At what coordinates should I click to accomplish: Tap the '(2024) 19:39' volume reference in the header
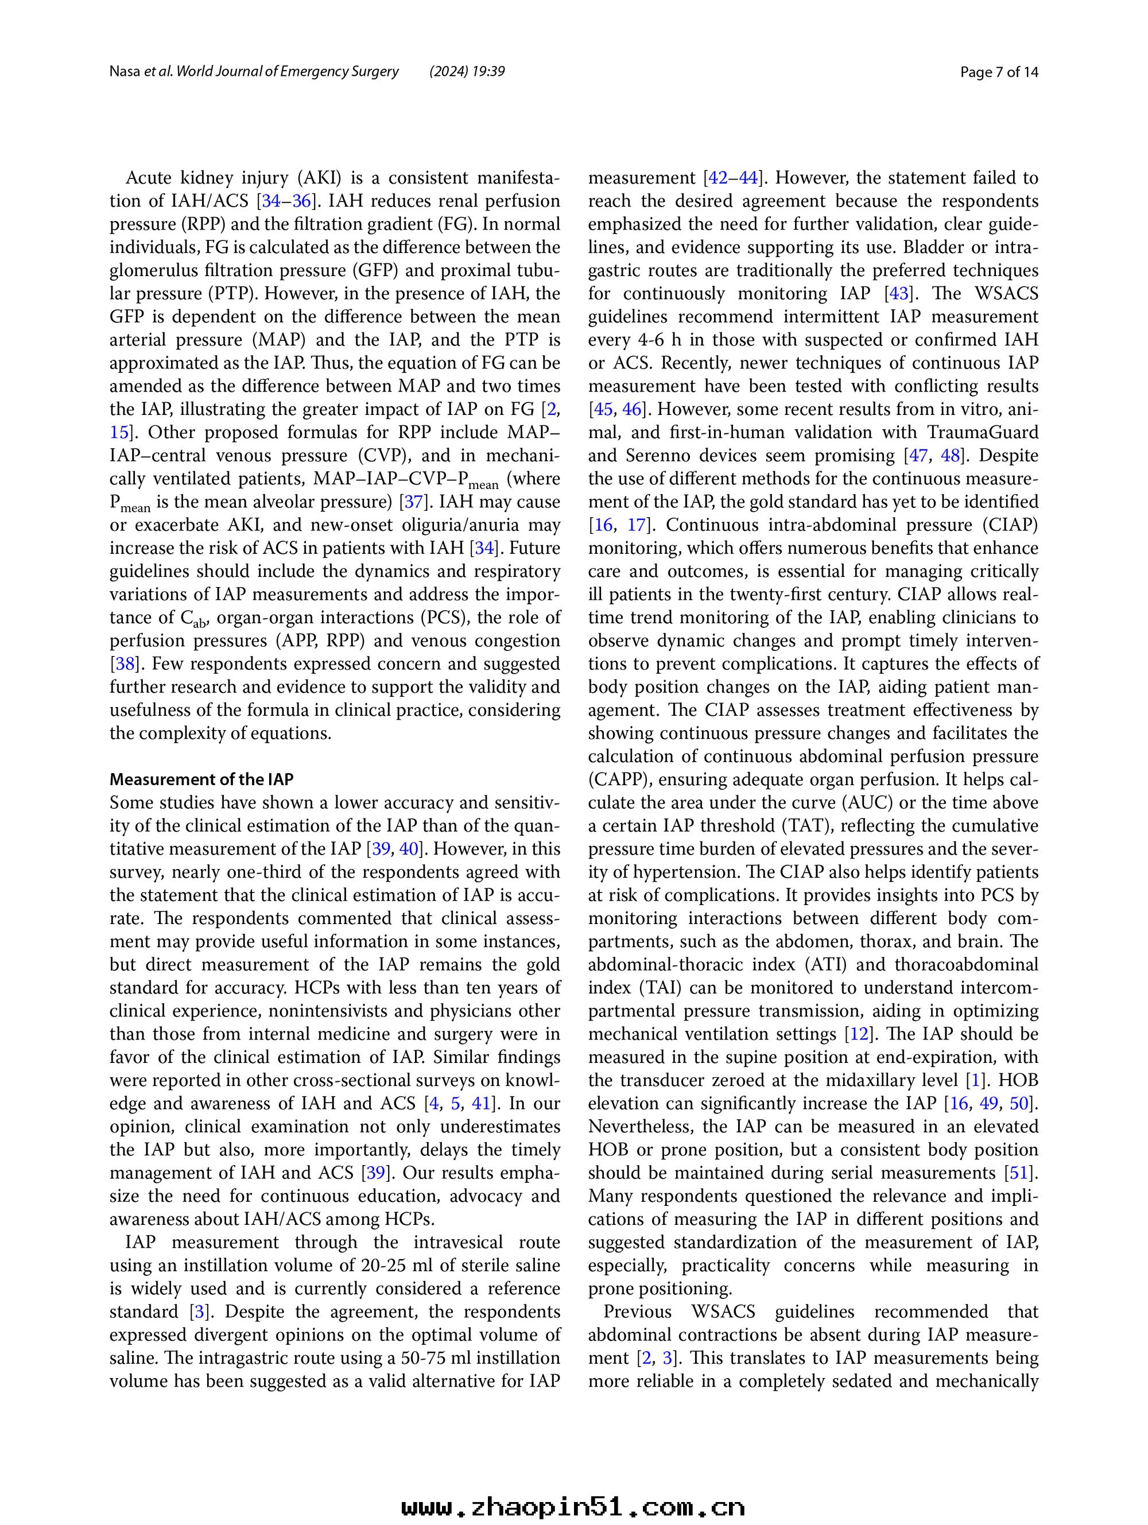(467, 72)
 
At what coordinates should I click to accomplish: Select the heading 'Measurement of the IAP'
(201, 780)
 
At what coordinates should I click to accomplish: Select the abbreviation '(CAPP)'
(613, 780)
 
